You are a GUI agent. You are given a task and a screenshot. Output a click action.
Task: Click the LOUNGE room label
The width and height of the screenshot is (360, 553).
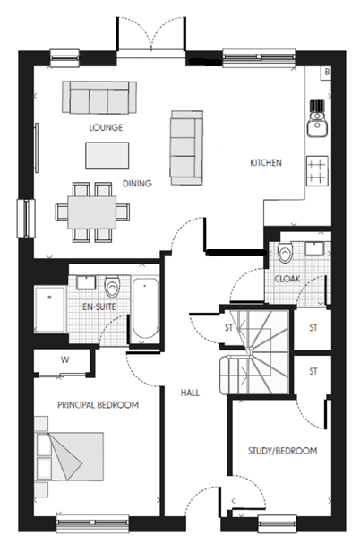tap(106, 127)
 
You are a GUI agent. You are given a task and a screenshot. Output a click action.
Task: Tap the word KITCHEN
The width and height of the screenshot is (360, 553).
tap(266, 162)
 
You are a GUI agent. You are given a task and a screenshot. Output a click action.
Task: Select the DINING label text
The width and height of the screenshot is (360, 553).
tap(137, 184)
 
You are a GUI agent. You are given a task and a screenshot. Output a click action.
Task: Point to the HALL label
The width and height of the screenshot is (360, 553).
tap(190, 393)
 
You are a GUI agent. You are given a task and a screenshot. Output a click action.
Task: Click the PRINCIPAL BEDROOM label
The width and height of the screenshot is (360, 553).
tap(98, 405)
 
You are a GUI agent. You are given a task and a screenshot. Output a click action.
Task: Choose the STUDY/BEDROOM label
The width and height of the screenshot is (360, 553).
tap(282, 451)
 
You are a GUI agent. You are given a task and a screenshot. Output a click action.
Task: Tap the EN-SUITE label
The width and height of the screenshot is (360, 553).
tap(99, 307)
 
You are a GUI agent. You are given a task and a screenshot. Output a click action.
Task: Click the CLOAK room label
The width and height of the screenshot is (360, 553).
tap(287, 279)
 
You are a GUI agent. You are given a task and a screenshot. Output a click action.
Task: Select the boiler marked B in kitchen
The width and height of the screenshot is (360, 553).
tap(327, 73)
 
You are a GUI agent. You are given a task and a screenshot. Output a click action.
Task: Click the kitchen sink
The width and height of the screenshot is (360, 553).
tap(317, 125)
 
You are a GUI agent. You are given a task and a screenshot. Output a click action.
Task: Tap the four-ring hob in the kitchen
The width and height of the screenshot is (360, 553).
tap(317, 170)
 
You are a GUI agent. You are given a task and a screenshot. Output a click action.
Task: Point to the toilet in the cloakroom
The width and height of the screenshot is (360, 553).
tap(285, 252)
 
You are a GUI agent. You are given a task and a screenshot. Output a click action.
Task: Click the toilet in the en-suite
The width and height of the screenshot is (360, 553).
tap(112, 286)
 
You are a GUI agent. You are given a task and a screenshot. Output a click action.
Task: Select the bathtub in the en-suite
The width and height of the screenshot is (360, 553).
tap(145, 309)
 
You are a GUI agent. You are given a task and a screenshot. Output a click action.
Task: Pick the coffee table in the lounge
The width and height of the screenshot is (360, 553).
tap(107, 156)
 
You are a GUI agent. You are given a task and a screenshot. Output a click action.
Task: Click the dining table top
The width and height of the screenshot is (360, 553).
tap(92, 212)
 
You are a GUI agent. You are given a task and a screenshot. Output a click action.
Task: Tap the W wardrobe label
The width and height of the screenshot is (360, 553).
tap(64, 360)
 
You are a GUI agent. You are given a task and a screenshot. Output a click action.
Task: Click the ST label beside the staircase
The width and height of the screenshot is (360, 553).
tap(228, 328)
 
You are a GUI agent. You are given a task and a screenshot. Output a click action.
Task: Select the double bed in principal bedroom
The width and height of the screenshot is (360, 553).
tap(70, 457)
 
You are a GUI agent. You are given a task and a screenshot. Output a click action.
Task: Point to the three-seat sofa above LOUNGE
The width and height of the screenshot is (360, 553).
tap(99, 98)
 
